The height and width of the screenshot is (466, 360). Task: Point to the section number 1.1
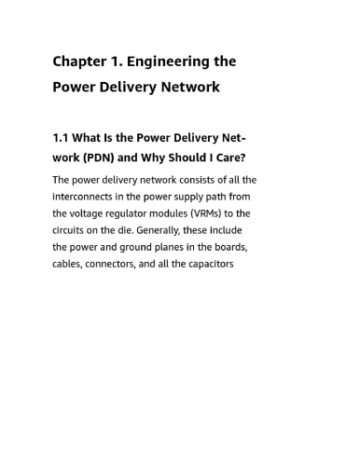[62, 138]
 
